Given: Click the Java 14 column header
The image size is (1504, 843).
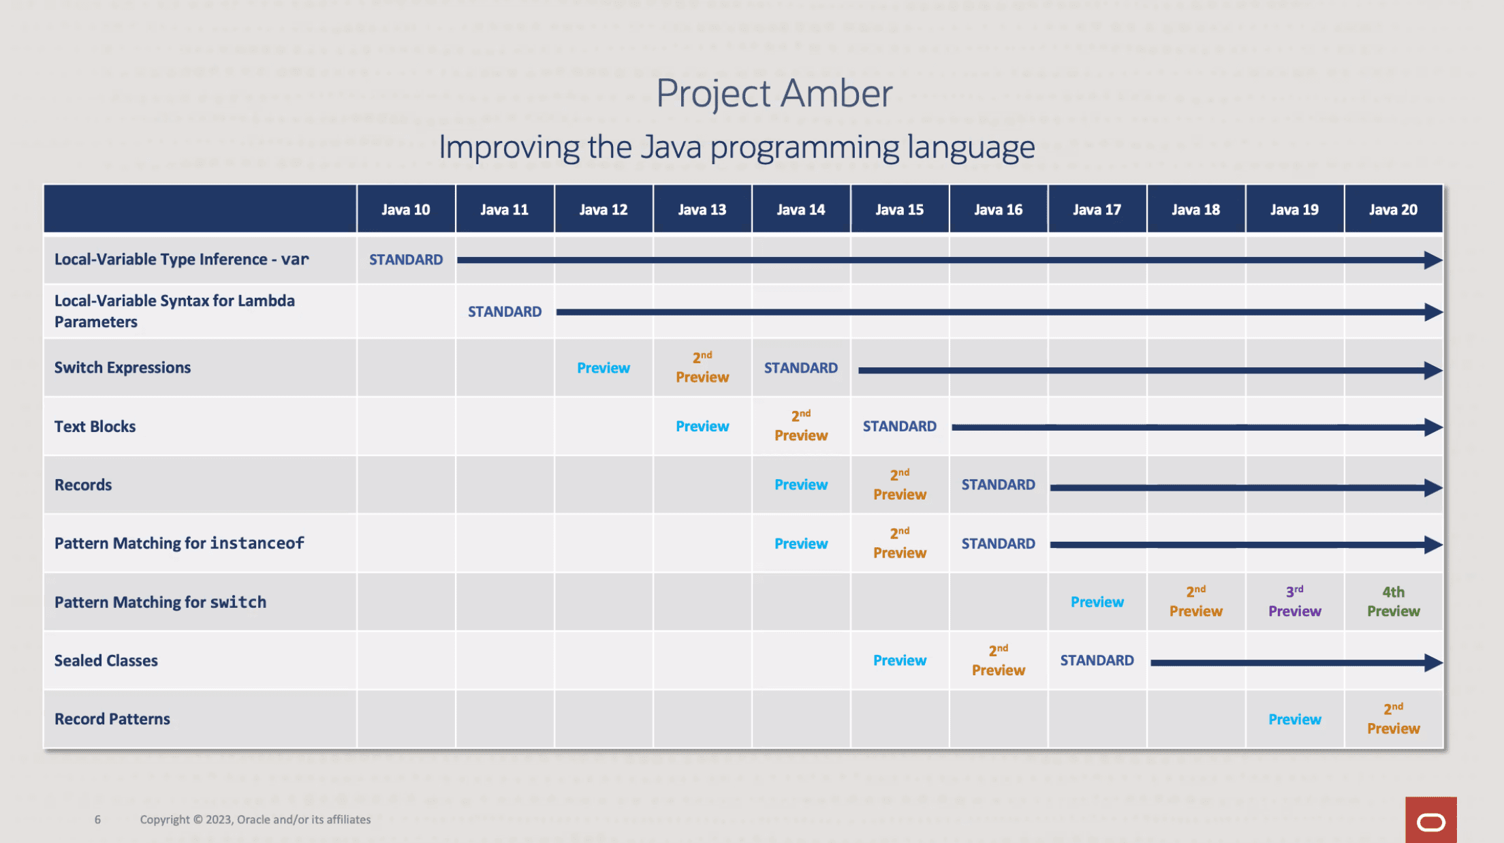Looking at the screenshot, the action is click(x=800, y=210).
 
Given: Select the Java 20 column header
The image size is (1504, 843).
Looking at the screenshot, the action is click(x=1393, y=210).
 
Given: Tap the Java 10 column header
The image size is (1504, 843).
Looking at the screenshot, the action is click(x=405, y=210).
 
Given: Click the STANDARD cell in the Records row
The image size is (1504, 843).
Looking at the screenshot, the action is click(x=998, y=485).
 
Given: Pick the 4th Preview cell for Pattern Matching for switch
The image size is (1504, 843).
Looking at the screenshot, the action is click(x=1393, y=602).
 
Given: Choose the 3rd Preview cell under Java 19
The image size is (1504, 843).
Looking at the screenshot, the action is click(x=1294, y=602).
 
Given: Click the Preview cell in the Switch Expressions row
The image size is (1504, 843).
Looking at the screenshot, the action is click(x=604, y=368).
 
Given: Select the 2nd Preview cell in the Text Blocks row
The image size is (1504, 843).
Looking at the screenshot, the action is click(x=800, y=426).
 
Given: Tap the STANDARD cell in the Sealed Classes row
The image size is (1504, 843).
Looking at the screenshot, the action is click(x=1097, y=660).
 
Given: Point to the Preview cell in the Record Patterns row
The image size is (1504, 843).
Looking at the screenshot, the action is click(x=1294, y=719).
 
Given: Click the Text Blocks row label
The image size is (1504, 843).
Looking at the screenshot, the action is click(x=95, y=427).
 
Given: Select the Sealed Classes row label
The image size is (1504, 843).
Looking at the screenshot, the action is click(x=106, y=660).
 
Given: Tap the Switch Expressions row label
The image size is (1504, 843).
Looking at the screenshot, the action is click(x=123, y=368).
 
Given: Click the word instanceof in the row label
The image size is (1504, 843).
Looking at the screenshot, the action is click(x=257, y=543).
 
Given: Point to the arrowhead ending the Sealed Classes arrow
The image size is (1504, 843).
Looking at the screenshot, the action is click(x=1433, y=662).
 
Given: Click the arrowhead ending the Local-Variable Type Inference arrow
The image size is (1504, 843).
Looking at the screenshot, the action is click(x=1433, y=260).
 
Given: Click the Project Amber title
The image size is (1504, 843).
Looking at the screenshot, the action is click(x=774, y=93).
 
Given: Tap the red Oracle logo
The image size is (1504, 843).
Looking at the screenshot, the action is click(x=1431, y=820).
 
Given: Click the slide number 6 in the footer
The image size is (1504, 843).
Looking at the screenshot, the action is click(x=97, y=819).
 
